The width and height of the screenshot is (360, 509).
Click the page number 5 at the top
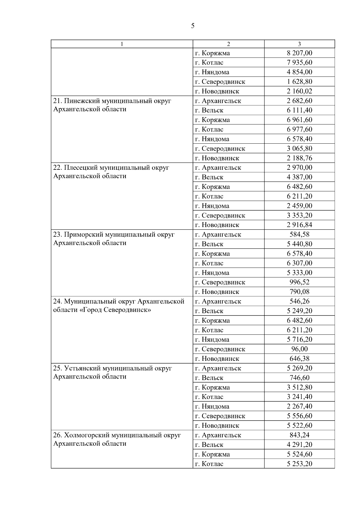(193, 26)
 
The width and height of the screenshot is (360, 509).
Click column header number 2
(228, 44)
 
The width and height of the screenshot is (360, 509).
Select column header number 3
(299, 44)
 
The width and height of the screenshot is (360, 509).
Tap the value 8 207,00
(299, 53)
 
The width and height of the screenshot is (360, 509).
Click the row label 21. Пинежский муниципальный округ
(112, 101)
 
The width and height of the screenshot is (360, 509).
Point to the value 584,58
(299, 234)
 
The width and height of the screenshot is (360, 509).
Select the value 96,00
(299, 349)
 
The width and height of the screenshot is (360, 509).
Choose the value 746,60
(299, 378)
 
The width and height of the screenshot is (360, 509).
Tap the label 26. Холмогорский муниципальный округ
(117, 435)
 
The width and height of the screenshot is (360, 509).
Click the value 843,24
(299, 435)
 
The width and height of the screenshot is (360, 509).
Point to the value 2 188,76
(299, 158)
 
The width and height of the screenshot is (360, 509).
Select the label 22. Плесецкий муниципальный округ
(111, 168)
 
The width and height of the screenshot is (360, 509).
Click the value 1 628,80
(299, 82)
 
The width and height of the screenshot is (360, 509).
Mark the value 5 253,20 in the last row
(299, 464)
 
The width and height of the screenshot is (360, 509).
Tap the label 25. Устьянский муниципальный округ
(112, 368)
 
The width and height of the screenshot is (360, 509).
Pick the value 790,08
(299, 292)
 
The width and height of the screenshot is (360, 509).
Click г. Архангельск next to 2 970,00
(218, 168)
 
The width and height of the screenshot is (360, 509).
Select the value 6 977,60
(299, 129)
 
